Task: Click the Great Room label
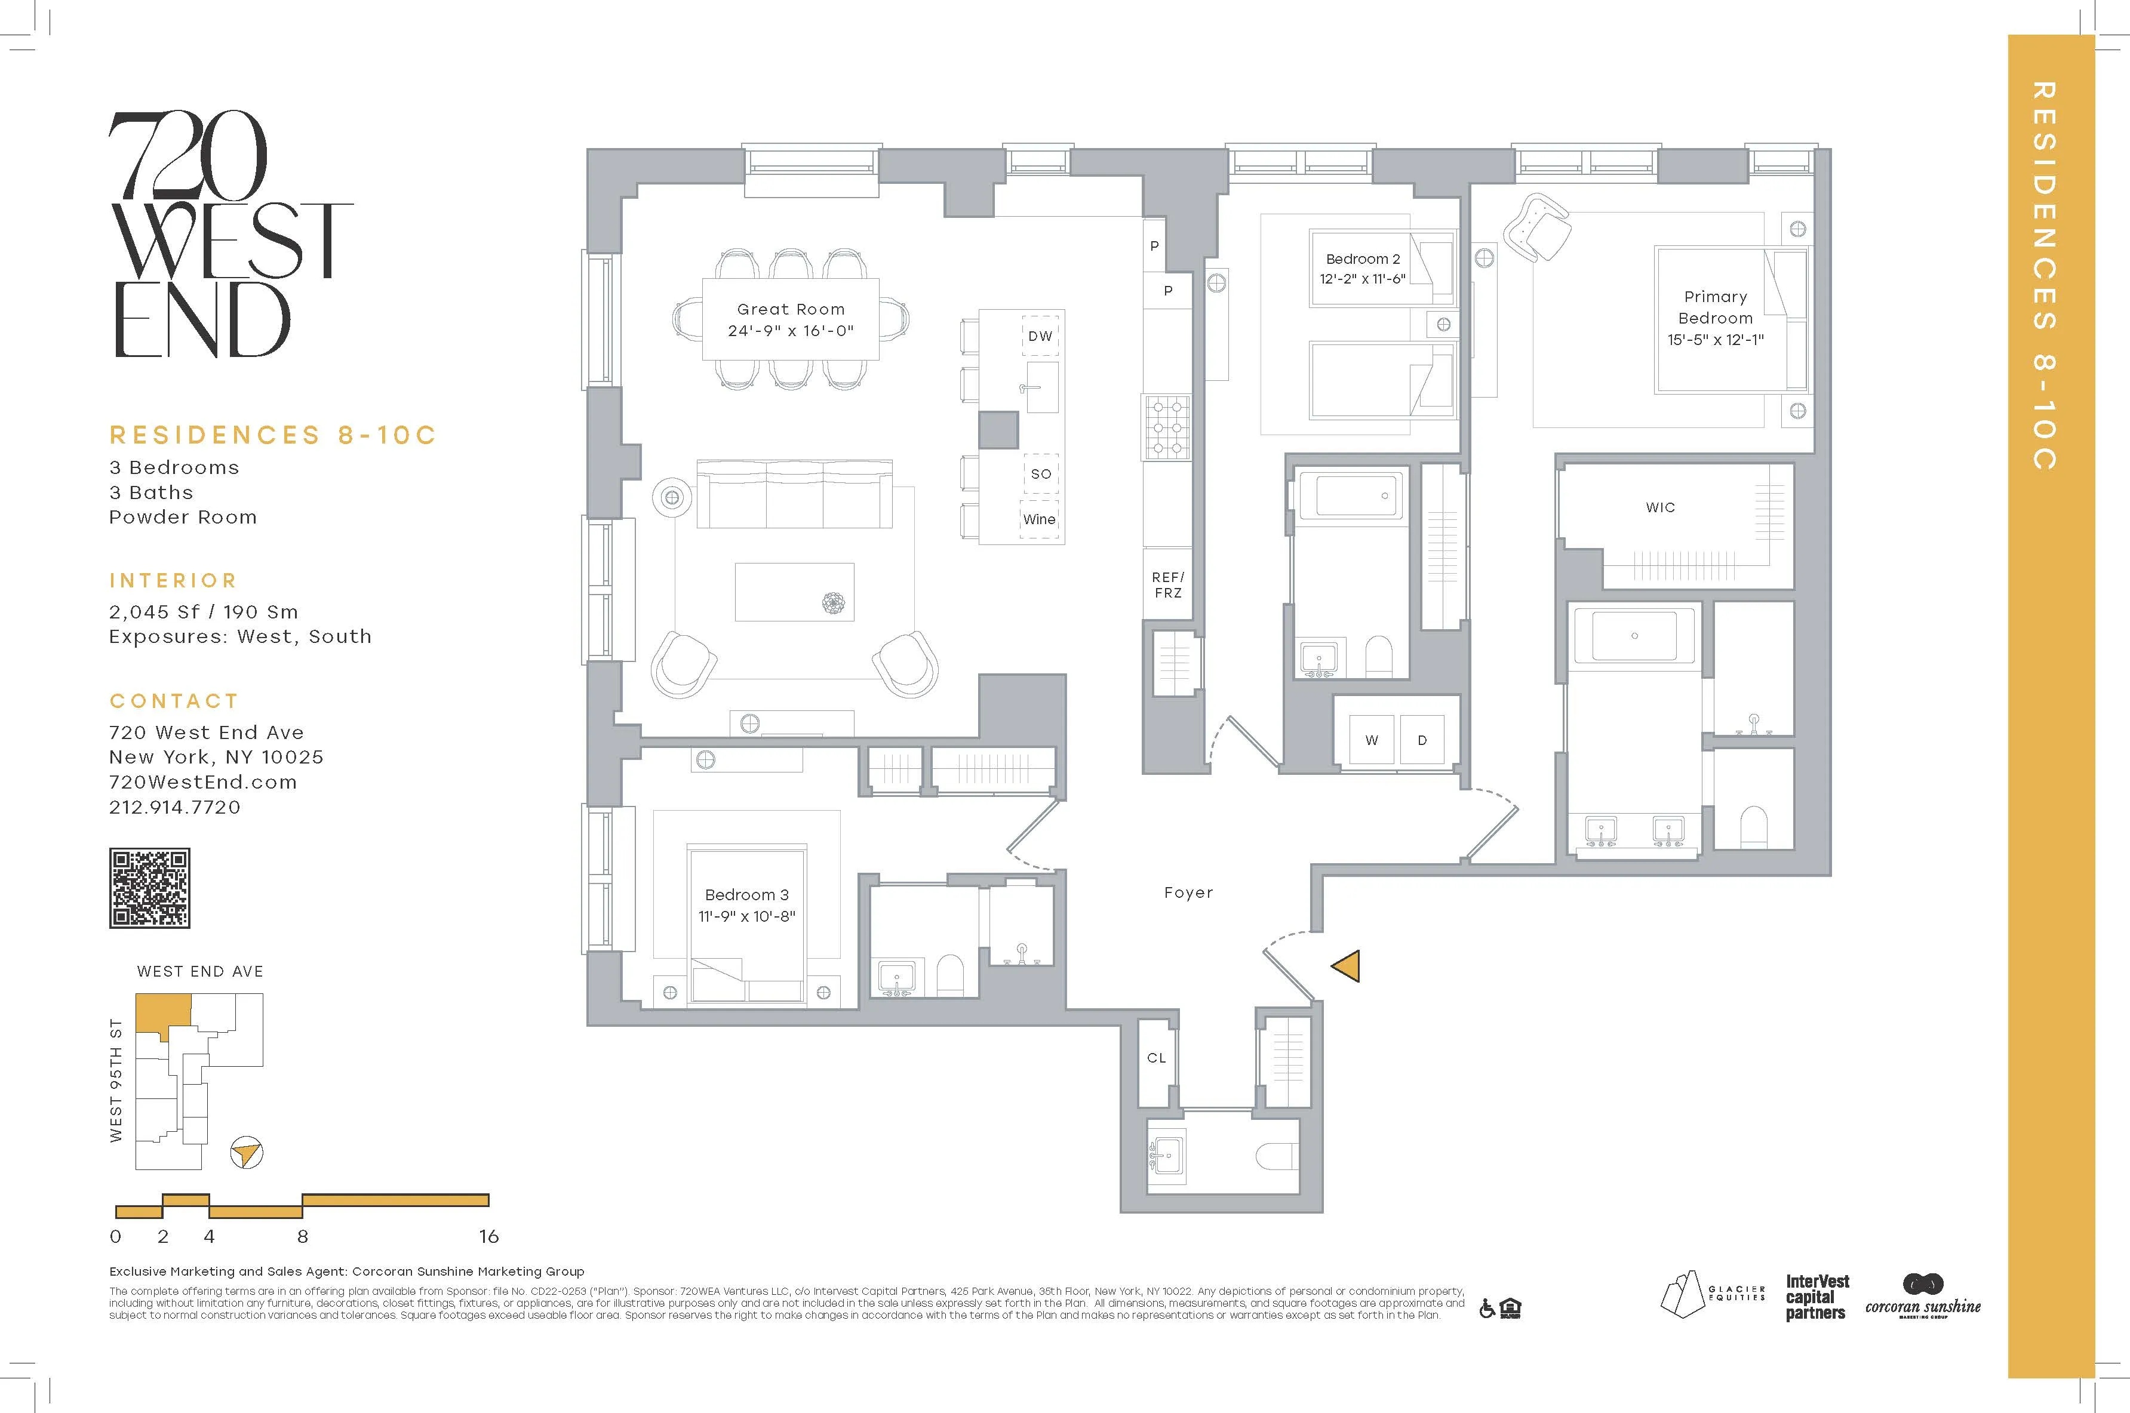click(x=791, y=309)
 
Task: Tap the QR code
click(x=150, y=888)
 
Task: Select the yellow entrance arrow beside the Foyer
click(x=1347, y=966)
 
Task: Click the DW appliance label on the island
click(x=1040, y=336)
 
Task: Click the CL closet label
click(x=1157, y=1058)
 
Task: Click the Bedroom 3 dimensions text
click(x=746, y=916)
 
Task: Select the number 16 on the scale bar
click(x=488, y=1236)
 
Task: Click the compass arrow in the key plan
click(x=246, y=1153)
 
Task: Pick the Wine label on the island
click(x=1038, y=519)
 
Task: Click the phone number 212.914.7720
click(x=175, y=808)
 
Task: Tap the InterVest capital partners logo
click(x=1817, y=1297)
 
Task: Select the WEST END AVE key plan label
click(x=200, y=971)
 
